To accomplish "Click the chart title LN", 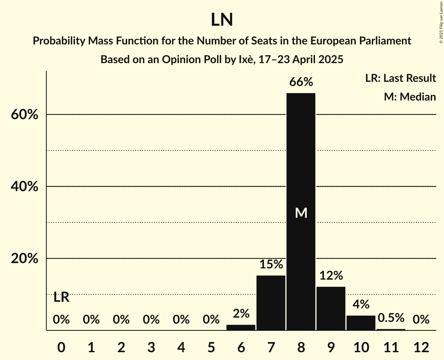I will (x=222, y=19).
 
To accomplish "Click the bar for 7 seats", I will (x=271, y=303).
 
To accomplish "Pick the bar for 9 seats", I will (x=331, y=308).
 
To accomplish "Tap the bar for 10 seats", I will (x=361, y=323).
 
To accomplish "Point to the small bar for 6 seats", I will (x=241, y=327).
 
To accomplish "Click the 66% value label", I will (x=301, y=82).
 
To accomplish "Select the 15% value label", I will (x=271, y=265).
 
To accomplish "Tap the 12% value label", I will (x=331, y=275).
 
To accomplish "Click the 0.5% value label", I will (x=391, y=318).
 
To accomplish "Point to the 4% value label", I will (x=361, y=304).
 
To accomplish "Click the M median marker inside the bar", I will (x=301, y=213).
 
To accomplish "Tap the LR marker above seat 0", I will (x=61, y=298).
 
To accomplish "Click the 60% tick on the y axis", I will (x=25, y=115).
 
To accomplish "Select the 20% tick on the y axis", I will (x=25, y=259).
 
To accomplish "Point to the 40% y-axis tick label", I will (x=25, y=187).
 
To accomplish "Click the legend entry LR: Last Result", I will (x=400, y=78).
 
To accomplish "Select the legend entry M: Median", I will (x=410, y=97).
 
